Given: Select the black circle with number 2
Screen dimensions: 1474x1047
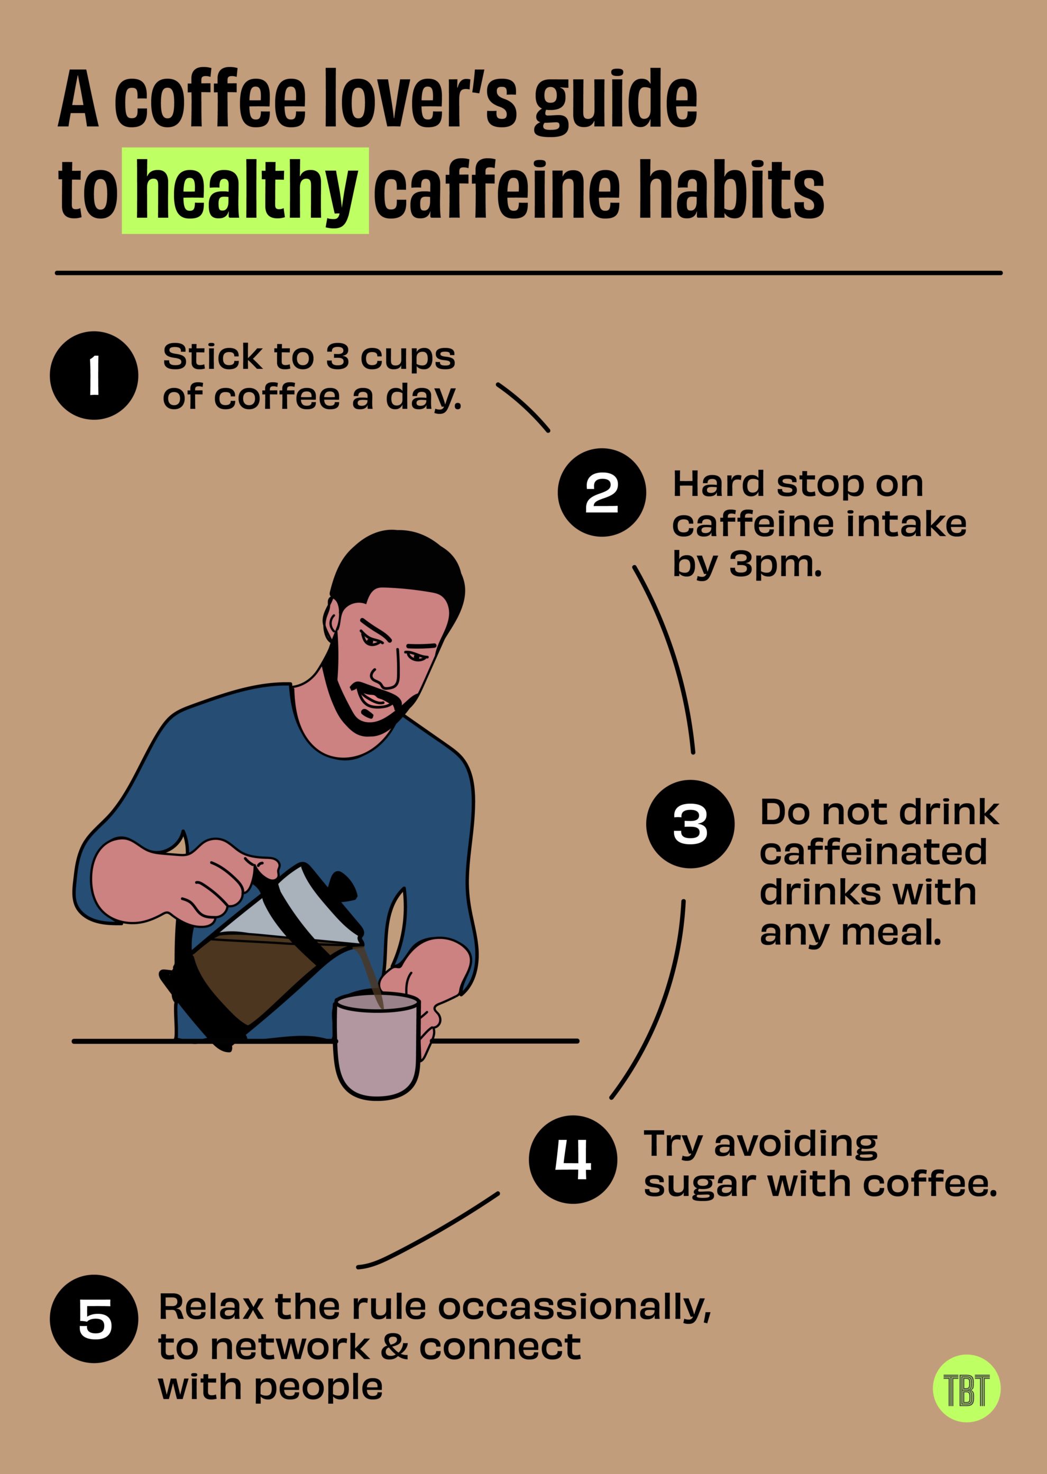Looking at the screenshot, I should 602,492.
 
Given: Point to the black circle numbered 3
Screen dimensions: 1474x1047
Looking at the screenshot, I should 690,824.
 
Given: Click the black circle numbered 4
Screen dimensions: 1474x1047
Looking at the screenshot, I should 573,1159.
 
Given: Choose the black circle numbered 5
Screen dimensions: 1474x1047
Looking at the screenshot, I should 94,1318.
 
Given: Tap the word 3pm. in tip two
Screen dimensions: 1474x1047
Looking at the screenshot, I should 776,565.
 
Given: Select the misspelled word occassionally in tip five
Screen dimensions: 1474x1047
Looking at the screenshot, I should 574,1306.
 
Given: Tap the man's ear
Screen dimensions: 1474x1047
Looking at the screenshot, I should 333,619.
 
